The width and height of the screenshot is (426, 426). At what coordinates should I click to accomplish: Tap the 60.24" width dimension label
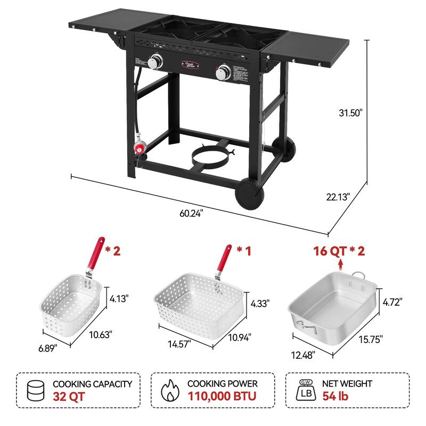[x=191, y=213]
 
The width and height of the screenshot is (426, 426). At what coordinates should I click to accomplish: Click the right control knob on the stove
[x=223, y=71]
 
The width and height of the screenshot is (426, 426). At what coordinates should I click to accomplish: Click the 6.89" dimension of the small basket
[x=47, y=347]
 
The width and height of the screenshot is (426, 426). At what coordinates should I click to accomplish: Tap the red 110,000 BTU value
[x=222, y=396]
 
